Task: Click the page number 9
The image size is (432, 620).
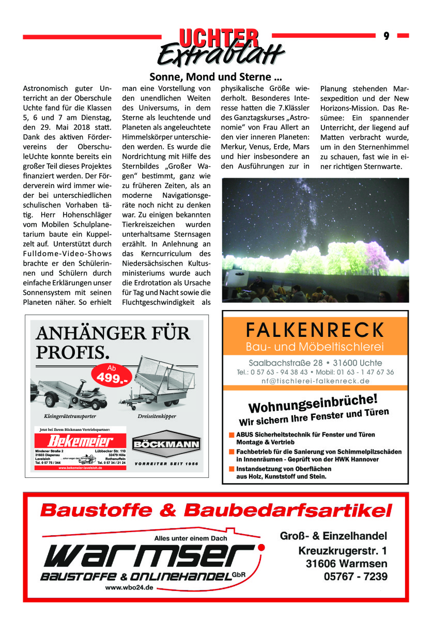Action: pos(386,36)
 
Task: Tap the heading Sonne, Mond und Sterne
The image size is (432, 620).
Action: pos(215,78)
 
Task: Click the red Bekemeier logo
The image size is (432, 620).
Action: pos(81,442)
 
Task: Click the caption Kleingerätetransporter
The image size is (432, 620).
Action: pos(69,415)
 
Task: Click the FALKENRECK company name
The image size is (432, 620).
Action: pos(315,329)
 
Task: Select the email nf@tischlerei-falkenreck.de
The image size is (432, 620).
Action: pos(315,381)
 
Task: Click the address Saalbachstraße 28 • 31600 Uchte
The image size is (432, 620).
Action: pos(315,363)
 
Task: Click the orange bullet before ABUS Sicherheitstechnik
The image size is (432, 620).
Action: pos(232,435)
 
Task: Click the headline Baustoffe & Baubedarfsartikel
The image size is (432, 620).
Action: pos(215,510)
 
